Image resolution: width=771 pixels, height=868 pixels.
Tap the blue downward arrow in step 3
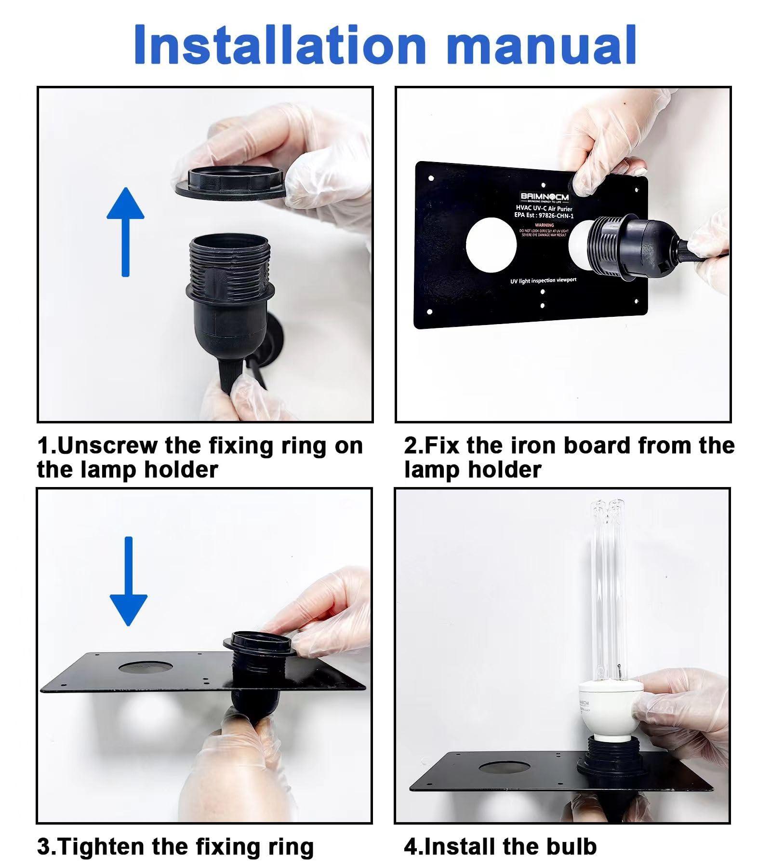[x=128, y=581]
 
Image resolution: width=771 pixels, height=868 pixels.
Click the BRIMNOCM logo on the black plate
[x=544, y=197]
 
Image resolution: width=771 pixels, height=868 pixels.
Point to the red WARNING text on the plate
[x=544, y=225]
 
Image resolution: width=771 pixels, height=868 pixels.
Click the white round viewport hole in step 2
[x=491, y=244]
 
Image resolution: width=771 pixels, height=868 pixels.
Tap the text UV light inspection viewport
[x=543, y=280]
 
